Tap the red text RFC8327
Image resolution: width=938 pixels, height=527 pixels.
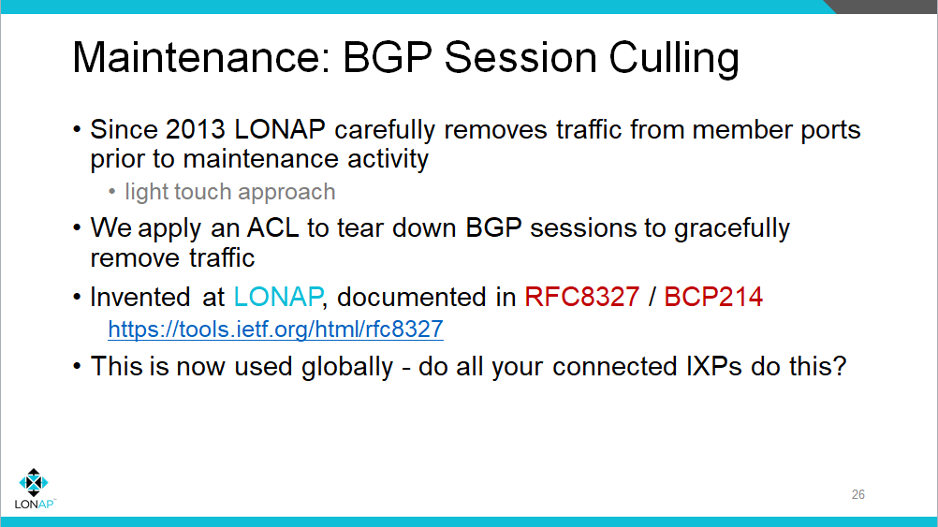pos(582,298)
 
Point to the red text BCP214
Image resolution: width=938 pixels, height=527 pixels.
pos(713,298)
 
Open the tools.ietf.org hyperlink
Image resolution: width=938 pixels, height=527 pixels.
pos(275,329)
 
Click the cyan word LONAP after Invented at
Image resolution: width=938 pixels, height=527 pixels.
pos(278,298)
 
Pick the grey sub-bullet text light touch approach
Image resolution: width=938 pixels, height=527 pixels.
pos(229,192)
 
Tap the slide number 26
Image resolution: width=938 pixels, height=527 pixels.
pos(858,494)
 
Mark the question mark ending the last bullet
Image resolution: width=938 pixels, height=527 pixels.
pos(839,365)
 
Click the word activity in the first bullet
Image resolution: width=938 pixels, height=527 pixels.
pos(382,158)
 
